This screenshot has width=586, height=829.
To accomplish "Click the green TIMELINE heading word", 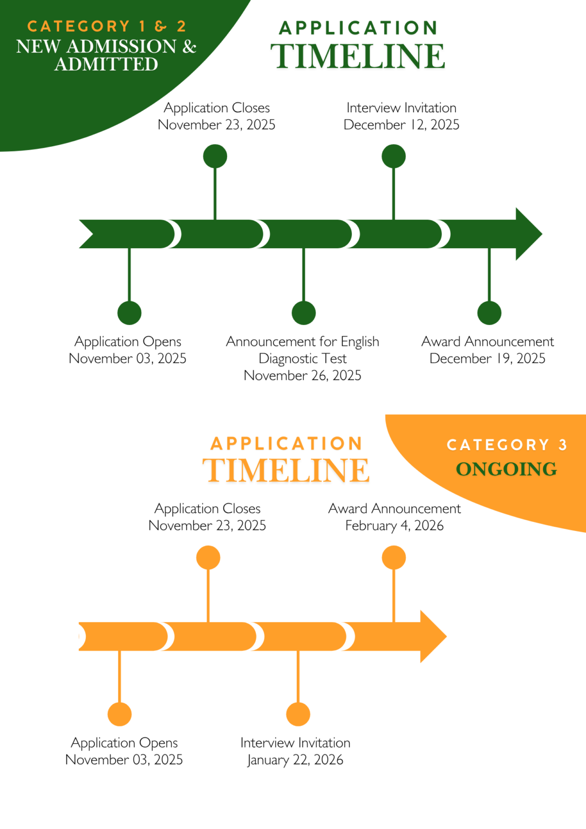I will click(358, 56).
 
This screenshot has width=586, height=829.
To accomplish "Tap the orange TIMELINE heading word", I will click(286, 470).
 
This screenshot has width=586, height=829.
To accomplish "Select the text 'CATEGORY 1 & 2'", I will click(107, 26).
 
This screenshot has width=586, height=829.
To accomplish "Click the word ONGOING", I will click(506, 469).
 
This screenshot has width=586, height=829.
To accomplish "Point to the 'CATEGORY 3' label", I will click(507, 445).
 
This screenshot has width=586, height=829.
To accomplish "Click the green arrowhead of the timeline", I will click(528, 234).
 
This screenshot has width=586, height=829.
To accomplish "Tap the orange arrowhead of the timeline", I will click(433, 636).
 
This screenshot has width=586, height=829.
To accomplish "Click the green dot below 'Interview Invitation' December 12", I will click(393, 156).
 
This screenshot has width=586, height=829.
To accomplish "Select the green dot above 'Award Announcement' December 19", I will click(489, 313).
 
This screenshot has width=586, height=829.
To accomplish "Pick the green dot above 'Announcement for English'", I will click(304, 313).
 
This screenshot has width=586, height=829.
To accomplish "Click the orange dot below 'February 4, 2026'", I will click(393, 558).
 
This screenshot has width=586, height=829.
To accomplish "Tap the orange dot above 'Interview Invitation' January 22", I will click(298, 714).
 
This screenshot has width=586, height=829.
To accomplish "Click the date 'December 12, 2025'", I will click(401, 125).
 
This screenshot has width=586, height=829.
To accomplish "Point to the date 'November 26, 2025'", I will click(302, 375).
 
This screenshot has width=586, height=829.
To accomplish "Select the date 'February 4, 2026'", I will click(394, 526).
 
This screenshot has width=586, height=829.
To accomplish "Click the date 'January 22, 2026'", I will click(295, 760).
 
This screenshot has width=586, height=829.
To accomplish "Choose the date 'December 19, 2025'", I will click(487, 358).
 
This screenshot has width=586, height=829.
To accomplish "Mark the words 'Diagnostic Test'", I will click(302, 358).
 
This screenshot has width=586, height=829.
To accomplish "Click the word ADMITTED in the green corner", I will click(106, 64).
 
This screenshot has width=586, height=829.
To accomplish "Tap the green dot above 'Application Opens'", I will click(130, 313).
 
